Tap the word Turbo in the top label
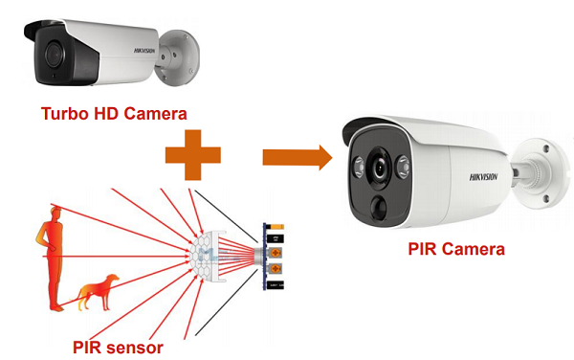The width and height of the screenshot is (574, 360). (x=66, y=113)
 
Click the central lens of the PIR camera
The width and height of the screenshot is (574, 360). (x=381, y=169)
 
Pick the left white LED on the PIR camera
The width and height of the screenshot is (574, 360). (x=359, y=164)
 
